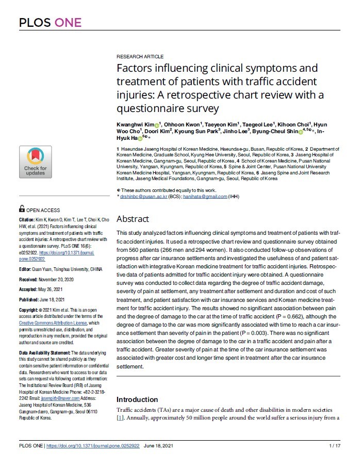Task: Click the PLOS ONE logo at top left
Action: pyautogui.click(x=50, y=22)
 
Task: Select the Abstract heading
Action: pyautogui.click(x=133, y=219)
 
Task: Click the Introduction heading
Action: pyautogui.click(x=137, y=399)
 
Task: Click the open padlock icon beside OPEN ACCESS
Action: pyautogui.click(x=22, y=210)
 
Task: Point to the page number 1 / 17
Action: pyautogui.click(x=334, y=445)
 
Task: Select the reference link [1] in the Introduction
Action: pyautogui.click(x=120, y=417)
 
